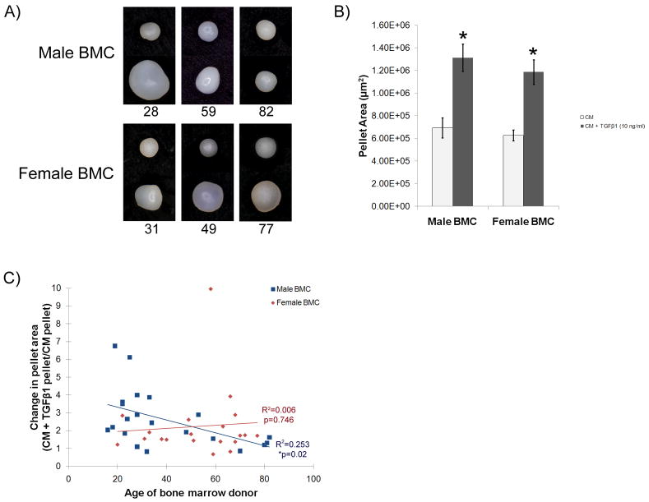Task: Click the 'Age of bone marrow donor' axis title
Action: point(190,493)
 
